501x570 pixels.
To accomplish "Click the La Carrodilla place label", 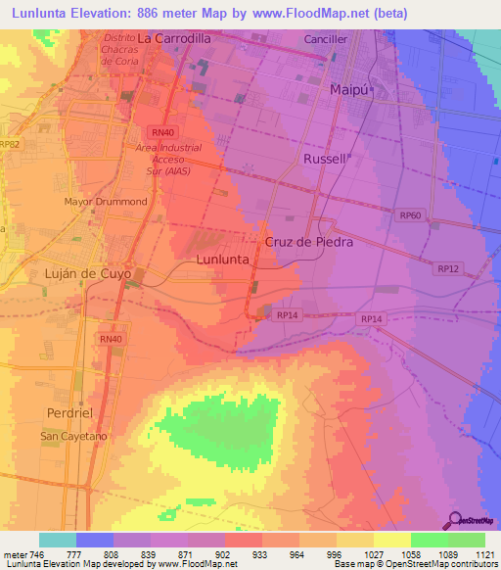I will coord(173,38).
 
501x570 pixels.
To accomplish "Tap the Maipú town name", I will coord(349,90).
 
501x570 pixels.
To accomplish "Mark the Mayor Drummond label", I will coord(106,202).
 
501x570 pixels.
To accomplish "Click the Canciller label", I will coord(326,40).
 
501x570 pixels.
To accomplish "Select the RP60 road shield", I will coord(410,214).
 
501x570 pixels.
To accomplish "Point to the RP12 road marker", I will coord(448,268).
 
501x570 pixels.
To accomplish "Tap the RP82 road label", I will coord(10,144).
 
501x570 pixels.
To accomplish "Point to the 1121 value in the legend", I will coord(484,555).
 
